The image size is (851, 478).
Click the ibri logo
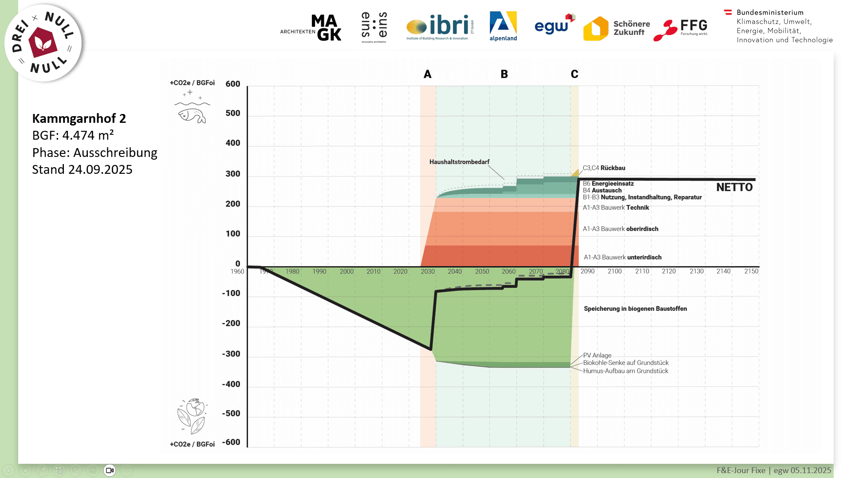[x=439, y=27]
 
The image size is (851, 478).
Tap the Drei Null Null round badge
[x=43, y=43]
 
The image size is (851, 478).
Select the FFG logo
[x=681, y=29]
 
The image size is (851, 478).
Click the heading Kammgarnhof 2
[x=79, y=118]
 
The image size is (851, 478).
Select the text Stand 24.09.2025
[x=82, y=169]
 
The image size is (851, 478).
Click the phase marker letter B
[x=504, y=74]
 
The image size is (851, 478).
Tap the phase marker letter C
[x=574, y=74]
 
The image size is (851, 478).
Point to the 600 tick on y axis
[x=232, y=84]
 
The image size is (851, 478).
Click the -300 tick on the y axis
[x=231, y=354]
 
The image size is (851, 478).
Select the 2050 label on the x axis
[x=482, y=271]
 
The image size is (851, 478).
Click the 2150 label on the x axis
[x=751, y=271]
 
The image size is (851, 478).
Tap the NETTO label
[x=734, y=188]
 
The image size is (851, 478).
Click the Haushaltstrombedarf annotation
[x=459, y=162]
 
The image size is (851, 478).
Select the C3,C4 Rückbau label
[x=604, y=168]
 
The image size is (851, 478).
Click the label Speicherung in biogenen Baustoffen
[x=635, y=309]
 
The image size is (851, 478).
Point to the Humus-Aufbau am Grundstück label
[x=625, y=371]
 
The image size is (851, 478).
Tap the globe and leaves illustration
[x=192, y=416]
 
